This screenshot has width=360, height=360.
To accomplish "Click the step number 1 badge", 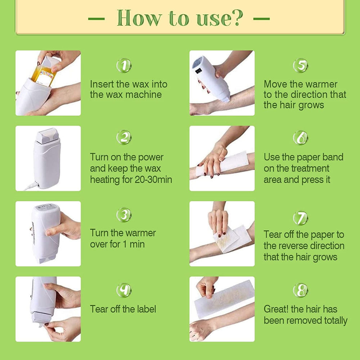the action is pyautogui.click(x=124, y=66).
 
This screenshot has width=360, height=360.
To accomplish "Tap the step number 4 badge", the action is pyautogui.click(x=124, y=290).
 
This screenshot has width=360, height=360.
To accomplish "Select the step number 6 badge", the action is pyautogui.click(x=301, y=138).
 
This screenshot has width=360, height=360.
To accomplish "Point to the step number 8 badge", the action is pyautogui.click(x=301, y=290).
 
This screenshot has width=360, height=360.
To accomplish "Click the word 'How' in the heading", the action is pyautogui.click(x=139, y=18).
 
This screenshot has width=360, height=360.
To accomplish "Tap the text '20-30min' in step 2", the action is pyautogui.click(x=153, y=180).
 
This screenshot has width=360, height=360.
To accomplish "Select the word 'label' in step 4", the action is pyautogui.click(x=147, y=309).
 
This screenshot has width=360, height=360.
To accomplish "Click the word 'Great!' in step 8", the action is pyautogui.click(x=276, y=309).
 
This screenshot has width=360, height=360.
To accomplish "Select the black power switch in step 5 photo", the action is pyautogui.click(x=198, y=71).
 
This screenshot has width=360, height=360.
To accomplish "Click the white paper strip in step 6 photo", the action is pyautogui.click(x=222, y=165).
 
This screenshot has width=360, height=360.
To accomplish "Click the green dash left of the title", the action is pyautogui.click(x=96, y=19).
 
